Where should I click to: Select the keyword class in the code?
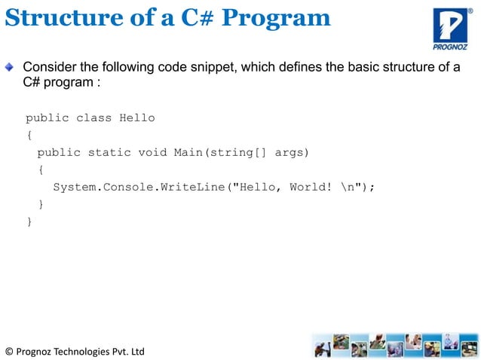coord(93,117)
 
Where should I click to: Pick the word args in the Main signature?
coord(290,152)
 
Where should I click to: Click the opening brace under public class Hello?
coord(29,136)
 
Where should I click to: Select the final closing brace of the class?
coord(29,221)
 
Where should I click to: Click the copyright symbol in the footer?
coord(8,352)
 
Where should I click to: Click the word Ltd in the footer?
coord(136,352)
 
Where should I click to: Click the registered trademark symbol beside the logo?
coord(470,11)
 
